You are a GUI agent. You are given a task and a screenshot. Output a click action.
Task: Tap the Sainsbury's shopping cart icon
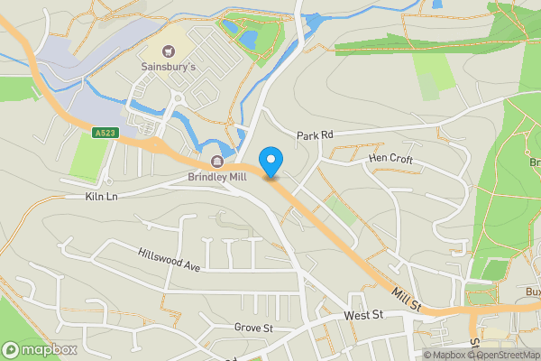click(169, 51)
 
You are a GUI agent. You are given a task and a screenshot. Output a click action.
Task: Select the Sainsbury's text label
click(169, 67)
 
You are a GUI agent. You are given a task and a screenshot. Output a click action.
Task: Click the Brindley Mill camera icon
click(217, 162)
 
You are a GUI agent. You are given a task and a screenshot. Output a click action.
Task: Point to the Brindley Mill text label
click(217, 178)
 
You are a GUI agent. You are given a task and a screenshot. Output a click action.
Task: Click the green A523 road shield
click(105, 134)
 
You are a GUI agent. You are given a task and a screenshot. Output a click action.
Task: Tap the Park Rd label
click(316, 135)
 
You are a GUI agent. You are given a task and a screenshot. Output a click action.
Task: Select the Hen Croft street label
click(390, 159)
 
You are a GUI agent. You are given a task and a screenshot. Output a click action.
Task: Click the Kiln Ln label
click(102, 196)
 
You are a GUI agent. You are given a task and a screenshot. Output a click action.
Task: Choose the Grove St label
click(253, 328)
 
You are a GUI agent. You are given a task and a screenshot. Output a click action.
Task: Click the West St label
click(364, 315)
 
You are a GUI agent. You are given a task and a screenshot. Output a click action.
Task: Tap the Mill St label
click(407, 300)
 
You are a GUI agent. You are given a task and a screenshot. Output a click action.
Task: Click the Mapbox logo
click(40, 349)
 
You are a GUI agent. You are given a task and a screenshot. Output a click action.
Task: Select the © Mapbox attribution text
click(448, 355)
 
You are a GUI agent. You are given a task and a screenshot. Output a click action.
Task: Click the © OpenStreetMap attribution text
click(504, 355)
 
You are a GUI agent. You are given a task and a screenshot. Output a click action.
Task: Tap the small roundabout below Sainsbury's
click(179, 97)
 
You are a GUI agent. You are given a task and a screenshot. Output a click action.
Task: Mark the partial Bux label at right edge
click(533, 292)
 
